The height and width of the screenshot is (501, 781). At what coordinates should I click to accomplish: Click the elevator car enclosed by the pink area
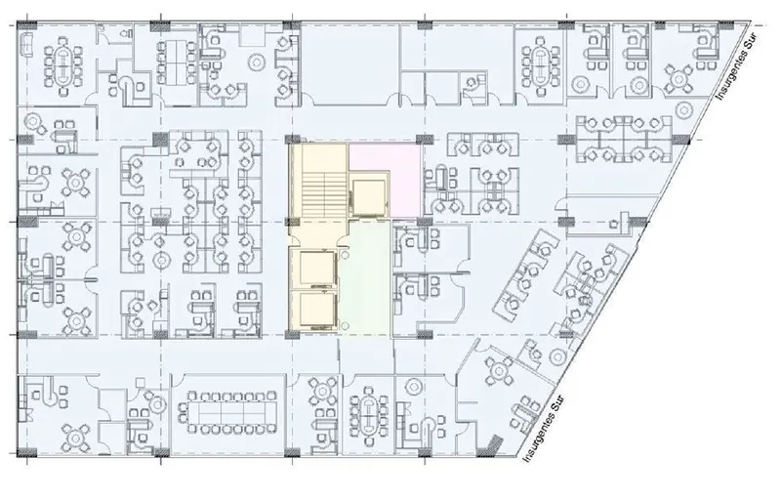click(x=369, y=197)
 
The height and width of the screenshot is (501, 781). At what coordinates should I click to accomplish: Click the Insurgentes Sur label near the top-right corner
click(x=737, y=65)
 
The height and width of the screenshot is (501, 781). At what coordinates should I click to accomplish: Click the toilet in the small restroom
click(x=125, y=33)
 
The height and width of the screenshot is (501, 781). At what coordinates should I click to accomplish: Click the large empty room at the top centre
click(x=350, y=63)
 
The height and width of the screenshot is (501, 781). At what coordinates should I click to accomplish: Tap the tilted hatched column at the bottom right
click(x=492, y=444)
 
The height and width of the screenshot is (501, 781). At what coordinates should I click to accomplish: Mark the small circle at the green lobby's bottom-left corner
click(x=345, y=325)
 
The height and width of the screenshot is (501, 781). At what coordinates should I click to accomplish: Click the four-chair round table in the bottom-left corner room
click(x=76, y=437)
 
